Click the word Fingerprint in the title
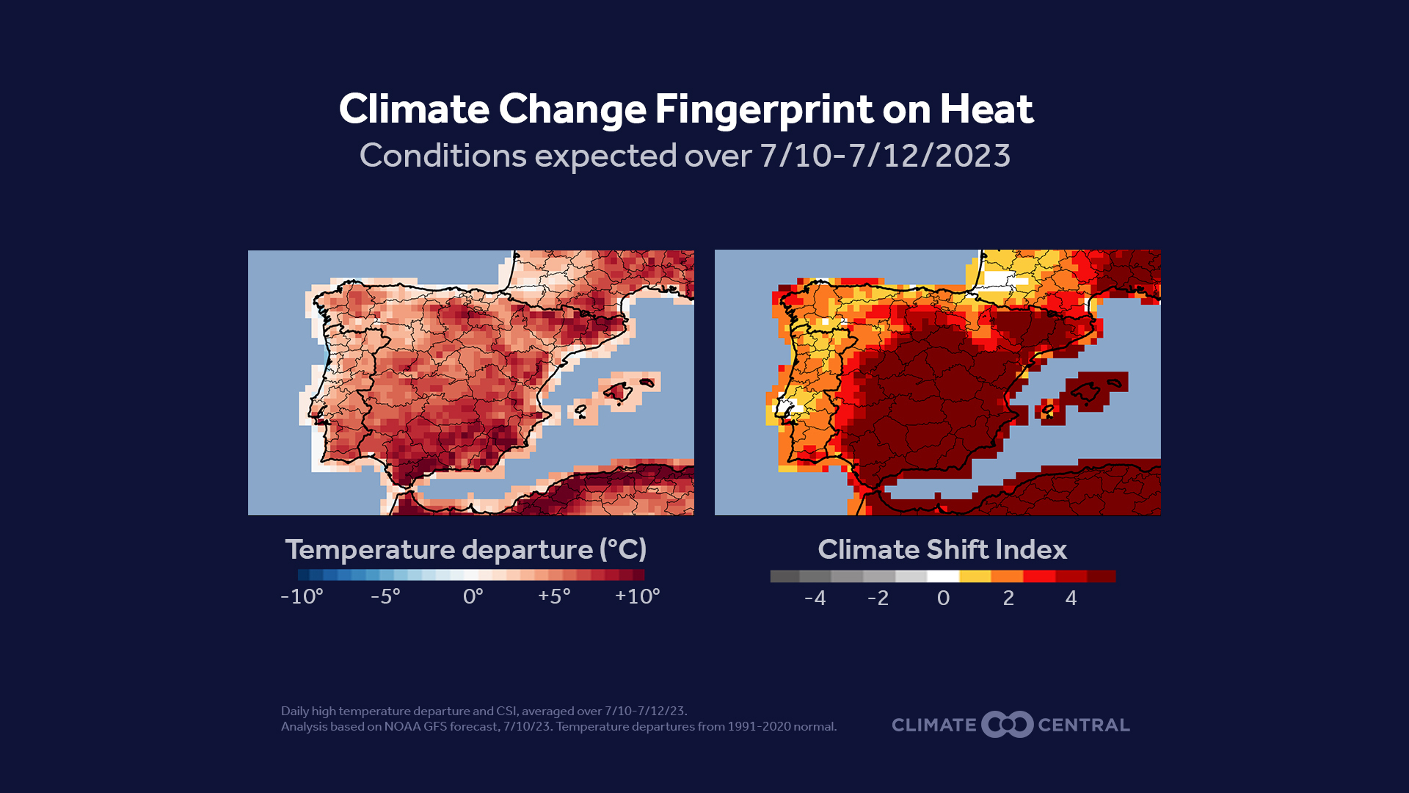(763, 110)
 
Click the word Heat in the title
(986, 110)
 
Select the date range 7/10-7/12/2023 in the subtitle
(885, 156)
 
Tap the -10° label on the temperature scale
(302, 596)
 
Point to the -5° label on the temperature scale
(385, 596)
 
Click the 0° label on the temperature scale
(473, 596)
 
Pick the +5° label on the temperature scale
(554, 596)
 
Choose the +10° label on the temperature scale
(637, 596)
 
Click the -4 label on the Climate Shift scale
(815, 598)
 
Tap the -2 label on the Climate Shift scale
(878, 598)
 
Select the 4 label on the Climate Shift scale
(1071, 598)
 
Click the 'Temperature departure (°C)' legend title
(465, 549)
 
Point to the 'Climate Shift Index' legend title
(942, 549)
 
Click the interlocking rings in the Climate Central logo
(1008, 725)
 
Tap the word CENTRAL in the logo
(1084, 725)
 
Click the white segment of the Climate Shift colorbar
(943, 576)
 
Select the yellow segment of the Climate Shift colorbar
(975, 576)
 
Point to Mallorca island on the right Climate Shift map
(1086, 392)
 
